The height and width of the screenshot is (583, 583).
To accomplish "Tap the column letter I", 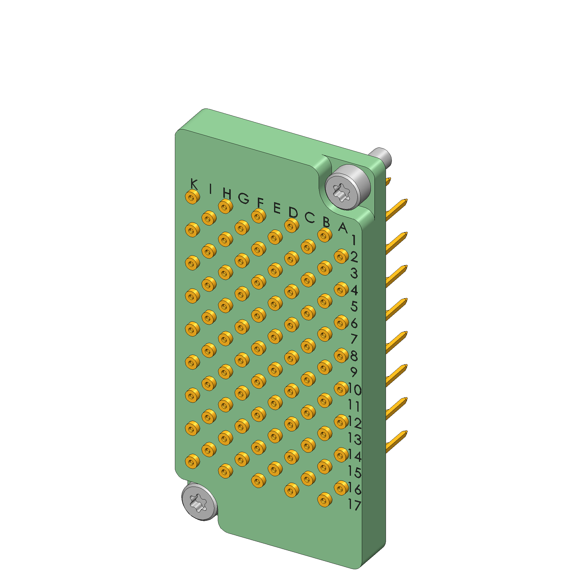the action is [x=210, y=189].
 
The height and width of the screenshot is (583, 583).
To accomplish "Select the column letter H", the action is [x=227, y=194].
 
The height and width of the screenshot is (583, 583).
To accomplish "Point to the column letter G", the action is [x=244, y=198].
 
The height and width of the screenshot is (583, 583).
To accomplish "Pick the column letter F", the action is [x=260, y=202].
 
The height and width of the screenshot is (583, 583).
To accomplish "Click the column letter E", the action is [x=277, y=208].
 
